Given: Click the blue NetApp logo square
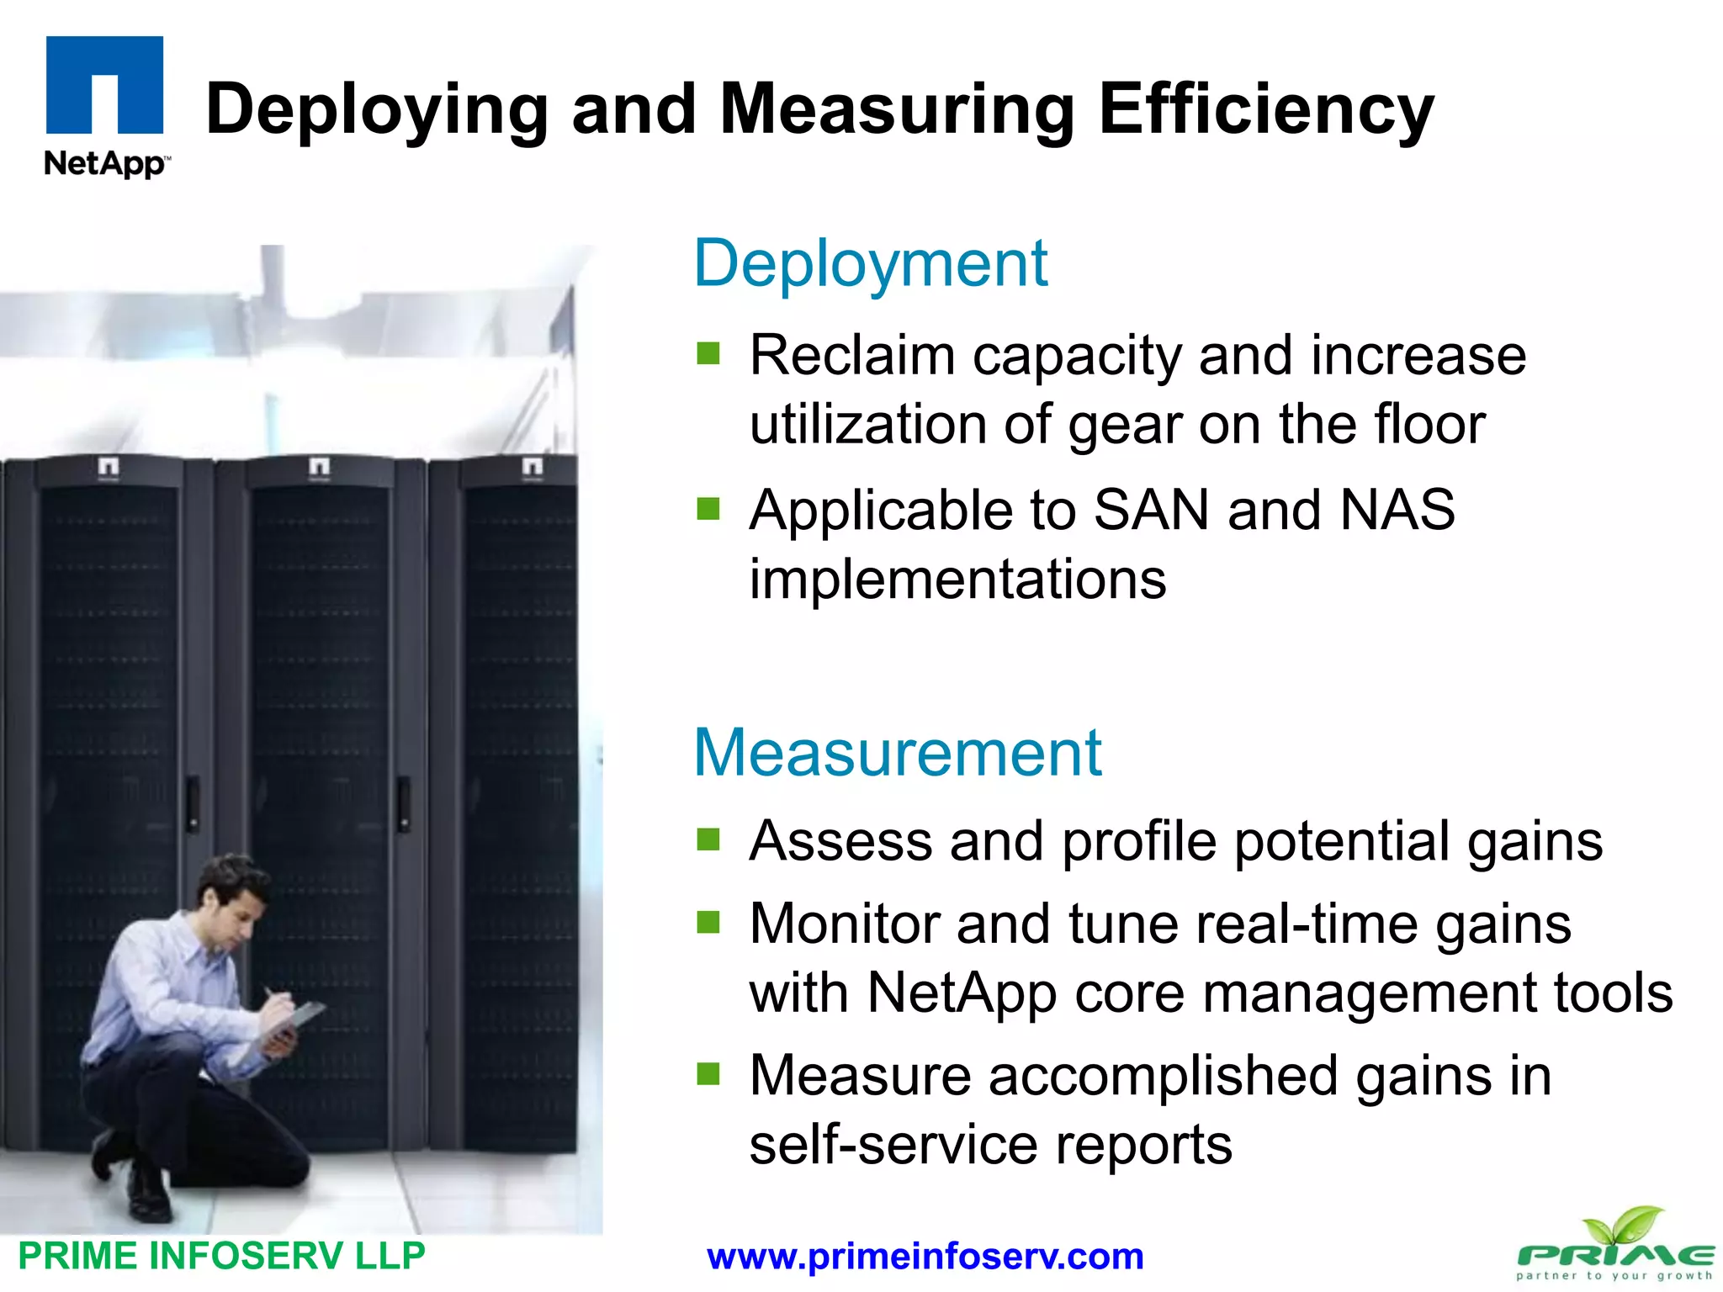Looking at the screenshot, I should point(104,84).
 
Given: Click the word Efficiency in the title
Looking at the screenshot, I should point(1265,109).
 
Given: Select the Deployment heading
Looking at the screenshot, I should point(870,264).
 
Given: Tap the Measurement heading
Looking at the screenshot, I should point(897,752).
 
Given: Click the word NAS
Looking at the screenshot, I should point(1397,510).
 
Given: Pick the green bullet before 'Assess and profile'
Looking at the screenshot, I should point(708,839).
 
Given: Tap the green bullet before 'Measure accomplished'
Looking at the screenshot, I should point(708,1074).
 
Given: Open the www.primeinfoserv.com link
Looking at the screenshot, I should point(925,1257).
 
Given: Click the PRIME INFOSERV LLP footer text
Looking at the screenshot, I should point(221,1256).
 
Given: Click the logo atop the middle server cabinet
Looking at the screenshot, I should point(319,467).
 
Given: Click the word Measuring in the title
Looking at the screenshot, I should point(897,109).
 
